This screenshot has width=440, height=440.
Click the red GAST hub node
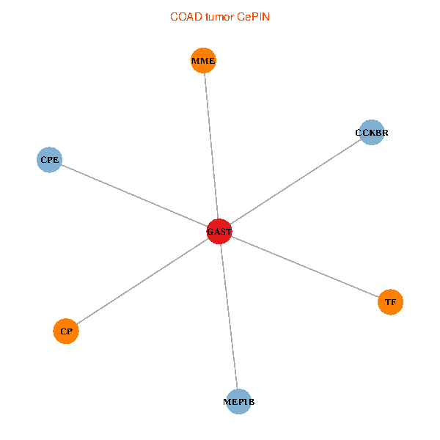point(219,232)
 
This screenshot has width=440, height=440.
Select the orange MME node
point(203,61)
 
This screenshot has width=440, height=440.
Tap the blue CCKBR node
point(372,133)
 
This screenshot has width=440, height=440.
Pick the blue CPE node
point(49,159)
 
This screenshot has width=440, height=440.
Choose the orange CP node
point(66,331)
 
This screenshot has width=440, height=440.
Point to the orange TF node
point(390,301)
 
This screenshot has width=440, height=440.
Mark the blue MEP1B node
point(238,402)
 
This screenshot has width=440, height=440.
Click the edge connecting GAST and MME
point(211,147)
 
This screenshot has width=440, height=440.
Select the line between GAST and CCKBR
point(296,183)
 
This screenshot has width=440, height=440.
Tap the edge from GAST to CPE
point(134,196)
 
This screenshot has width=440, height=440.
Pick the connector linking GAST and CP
point(143,282)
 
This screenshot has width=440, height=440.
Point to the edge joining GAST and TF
point(304,266)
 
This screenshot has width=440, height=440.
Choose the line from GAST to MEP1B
point(229,317)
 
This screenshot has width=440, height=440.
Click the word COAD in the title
point(184,17)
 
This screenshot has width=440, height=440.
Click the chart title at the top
point(219,17)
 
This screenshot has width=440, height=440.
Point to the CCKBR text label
point(372,133)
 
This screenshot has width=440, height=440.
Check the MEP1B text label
point(238,402)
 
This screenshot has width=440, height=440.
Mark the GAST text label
point(219,232)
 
